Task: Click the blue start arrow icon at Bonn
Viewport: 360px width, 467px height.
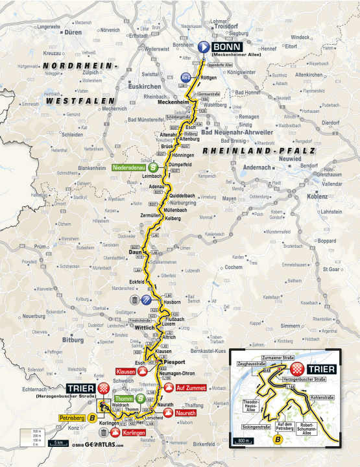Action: tap(203, 47)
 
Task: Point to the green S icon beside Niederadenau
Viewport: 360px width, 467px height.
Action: tap(152, 167)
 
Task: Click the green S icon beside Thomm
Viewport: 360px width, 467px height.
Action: tap(140, 398)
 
